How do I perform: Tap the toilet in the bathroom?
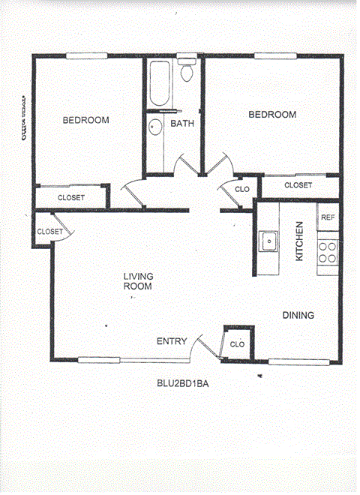pos(187,73)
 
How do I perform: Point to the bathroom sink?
pos(155,127)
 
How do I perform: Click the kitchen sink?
pos(268,241)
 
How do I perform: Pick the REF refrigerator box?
pos(328,217)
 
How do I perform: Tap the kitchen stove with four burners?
pos(328,250)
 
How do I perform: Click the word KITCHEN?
pos(298,241)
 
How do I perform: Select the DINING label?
pos(298,316)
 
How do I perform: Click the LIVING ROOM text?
pos(138,281)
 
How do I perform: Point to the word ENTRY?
pos(171,342)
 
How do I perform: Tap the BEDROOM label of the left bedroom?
pos(85,120)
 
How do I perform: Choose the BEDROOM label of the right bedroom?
pos(272,115)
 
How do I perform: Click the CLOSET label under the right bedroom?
pos(298,184)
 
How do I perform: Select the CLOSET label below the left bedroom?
pos(70,198)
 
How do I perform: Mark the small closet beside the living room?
pos(49,232)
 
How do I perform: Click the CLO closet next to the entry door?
pos(238,344)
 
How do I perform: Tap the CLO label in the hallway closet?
pos(242,190)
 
